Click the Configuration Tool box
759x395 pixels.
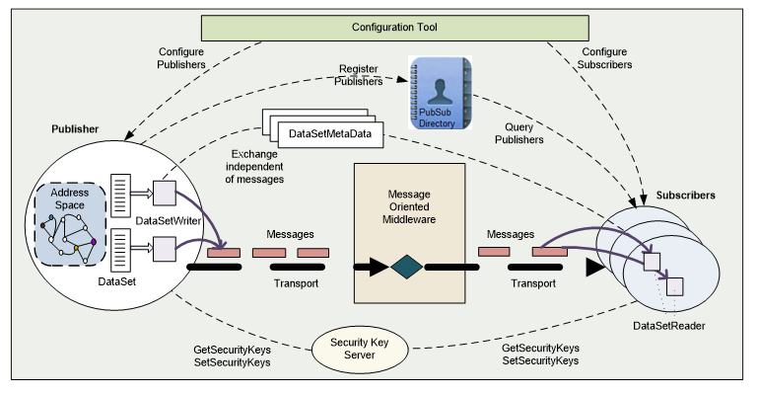tap(395, 27)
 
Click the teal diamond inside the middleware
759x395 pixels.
tap(406, 267)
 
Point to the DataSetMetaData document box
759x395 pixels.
tap(330, 133)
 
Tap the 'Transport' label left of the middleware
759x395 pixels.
tap(296, 284)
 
